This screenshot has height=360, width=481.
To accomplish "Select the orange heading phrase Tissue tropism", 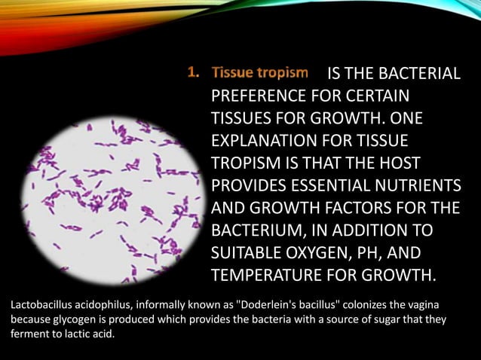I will (x=260, y=73).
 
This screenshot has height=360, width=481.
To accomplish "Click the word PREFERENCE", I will (x=257, y=97).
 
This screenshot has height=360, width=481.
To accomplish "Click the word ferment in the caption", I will (x=30, y=334).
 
